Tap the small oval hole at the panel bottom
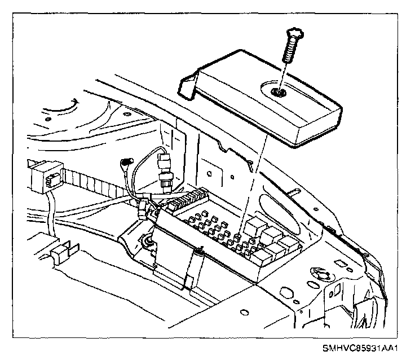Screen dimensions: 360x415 pos(242,311)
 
